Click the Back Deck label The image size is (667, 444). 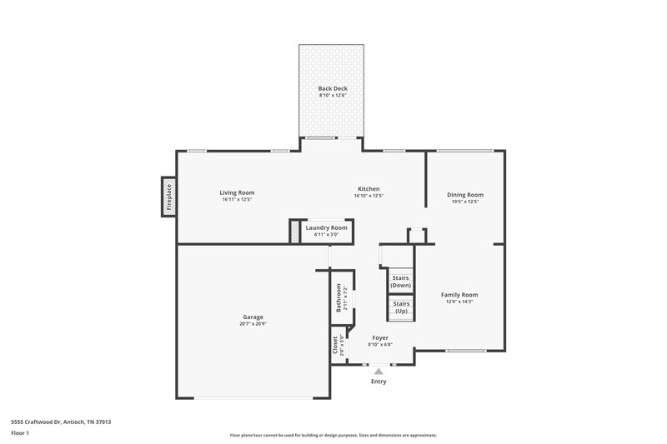332,88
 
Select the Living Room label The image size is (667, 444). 237,192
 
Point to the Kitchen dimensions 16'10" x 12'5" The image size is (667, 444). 369,196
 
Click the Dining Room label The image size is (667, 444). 465,194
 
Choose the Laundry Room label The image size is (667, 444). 326,227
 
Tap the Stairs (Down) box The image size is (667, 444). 401,281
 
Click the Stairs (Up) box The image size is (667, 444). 401,307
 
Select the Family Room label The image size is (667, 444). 459,294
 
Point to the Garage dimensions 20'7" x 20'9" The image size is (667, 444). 253,323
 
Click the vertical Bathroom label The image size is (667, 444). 339,297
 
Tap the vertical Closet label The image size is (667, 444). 335,346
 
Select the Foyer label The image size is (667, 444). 380,337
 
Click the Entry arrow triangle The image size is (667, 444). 379,371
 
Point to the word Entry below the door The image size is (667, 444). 379,382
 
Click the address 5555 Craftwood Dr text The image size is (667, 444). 61,422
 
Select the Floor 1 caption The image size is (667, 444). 20,433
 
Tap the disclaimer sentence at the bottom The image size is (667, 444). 333,435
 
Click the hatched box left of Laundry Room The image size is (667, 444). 293,231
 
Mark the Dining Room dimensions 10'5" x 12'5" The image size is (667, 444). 465,202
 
